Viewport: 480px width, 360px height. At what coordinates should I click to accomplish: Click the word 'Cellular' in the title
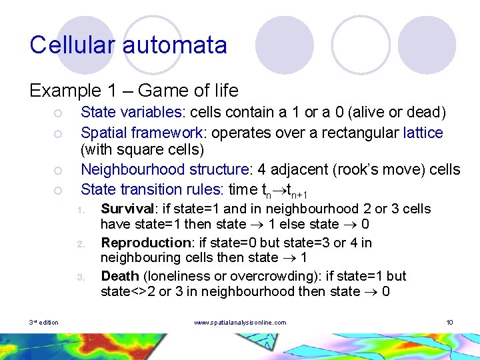pyautogui.click(x=71, y=45)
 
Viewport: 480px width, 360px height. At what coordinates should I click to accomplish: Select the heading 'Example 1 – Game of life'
pyautogui.click(x=133, y=89)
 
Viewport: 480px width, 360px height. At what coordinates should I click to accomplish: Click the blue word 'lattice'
pyautogui.click(x=423, y=133)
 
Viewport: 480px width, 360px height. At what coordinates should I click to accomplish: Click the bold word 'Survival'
pyautogui.click(x=125, y=209)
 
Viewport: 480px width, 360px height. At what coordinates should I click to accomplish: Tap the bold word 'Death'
pyautogui.click(x=119, y=276)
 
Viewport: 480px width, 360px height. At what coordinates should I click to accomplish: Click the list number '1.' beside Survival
pyautogui.click(x=79, y=211)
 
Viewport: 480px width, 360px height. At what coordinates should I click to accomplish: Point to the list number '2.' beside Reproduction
pyautogui.click(x=79, y=244)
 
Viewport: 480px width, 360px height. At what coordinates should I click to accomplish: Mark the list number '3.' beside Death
pyautogui.click(x=79, y=277)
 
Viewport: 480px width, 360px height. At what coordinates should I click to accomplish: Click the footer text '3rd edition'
pyautogui.click(x=44, y=323)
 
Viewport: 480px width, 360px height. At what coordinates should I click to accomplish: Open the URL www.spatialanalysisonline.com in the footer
pyautogui.click(x=240, y=323)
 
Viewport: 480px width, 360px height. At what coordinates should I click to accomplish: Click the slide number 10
pyautogui.click(x=449, y=323)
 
